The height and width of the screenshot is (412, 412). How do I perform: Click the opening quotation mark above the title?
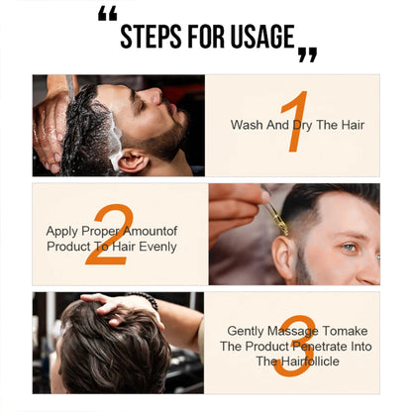pyautogui.click(x=108, y=15)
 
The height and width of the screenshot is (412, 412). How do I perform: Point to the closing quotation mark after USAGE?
pyautogui.click(x=307, y=54)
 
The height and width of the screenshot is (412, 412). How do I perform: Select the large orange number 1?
pyautogui.click(x=293, y=123)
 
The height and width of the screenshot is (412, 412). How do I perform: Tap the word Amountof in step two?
pyautogui.click(x=155, y=231)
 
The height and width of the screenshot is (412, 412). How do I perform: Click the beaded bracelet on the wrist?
pyautogui.click(x=148, y=300)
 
